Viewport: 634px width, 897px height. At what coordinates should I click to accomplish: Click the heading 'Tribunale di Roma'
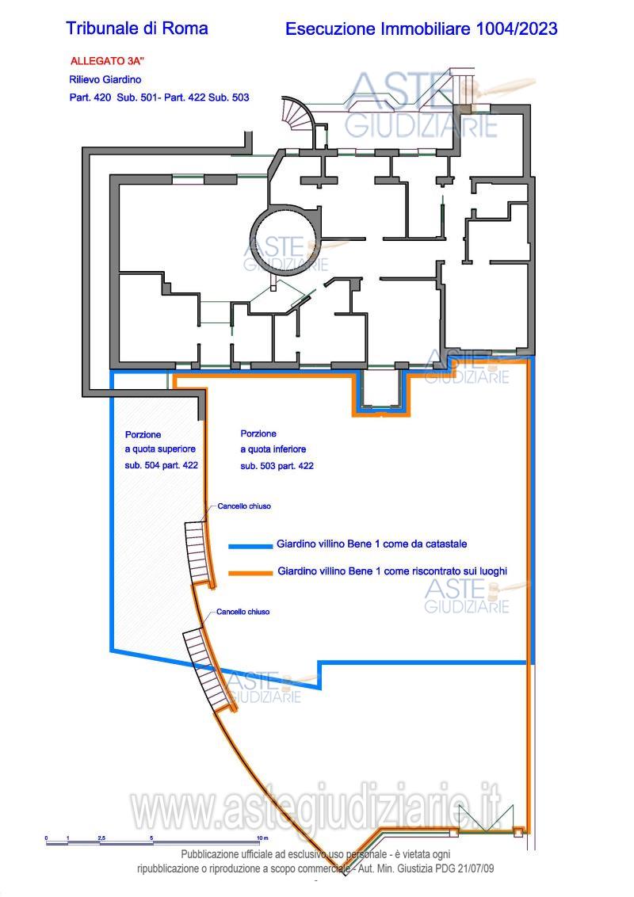point(137,28)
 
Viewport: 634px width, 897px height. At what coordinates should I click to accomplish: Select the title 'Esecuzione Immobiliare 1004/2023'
point(421,29)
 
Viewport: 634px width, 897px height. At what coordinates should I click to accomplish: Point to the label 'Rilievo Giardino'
point(105,79)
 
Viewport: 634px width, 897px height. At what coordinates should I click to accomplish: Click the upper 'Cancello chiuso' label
point(244,506)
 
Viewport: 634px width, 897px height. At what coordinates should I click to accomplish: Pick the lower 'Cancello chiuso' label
point(243,612)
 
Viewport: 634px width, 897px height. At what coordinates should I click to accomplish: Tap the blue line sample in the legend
point(250,546)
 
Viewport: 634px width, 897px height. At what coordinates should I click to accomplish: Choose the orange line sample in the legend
point(250,573)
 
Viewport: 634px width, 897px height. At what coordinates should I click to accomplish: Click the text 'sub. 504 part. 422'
point(162,465)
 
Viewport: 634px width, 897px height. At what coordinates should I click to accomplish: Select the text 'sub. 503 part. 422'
point(277,466)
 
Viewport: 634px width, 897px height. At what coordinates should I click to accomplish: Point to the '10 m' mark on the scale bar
point(262,838)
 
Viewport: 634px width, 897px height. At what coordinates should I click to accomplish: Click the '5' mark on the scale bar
point(151,838)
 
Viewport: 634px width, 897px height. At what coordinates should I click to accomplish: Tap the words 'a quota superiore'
point(160,449)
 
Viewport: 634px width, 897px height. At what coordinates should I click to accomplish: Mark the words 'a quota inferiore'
point(273,449)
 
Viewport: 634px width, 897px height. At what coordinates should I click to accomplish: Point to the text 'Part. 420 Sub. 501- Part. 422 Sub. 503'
point(159,97)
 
